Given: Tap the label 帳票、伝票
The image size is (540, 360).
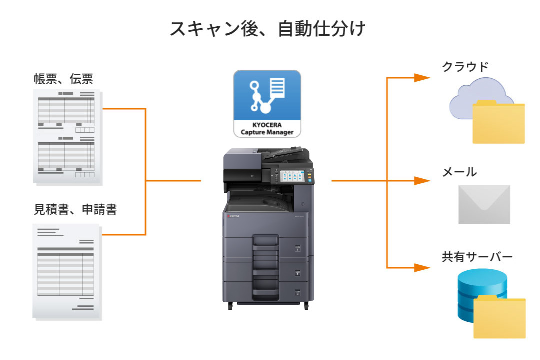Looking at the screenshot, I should [x=63, y=79].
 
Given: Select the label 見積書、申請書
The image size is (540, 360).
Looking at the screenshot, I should [x=75, y=209].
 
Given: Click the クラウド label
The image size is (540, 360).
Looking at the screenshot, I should [x=465, y=67].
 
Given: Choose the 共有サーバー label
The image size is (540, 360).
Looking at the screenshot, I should [x=477, y=258].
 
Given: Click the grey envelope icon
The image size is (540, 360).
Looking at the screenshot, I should [x=484, y=204].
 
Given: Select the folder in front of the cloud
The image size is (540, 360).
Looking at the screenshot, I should [x=498, y=122].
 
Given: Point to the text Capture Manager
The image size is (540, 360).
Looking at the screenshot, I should [x=267, y=132].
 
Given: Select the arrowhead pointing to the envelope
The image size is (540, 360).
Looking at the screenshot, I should [x=422, y=181].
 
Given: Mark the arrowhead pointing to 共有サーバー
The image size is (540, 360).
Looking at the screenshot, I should [x=422, y=267].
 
